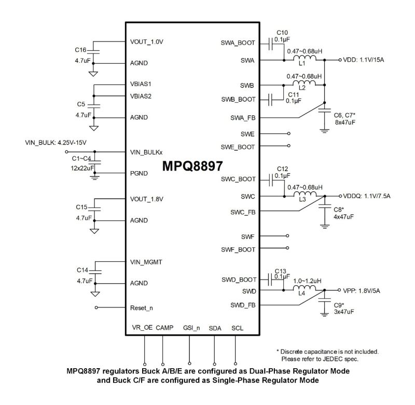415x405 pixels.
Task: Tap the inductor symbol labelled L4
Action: pyautogui.click(x=303, y=288)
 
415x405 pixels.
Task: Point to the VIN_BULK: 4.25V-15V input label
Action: pyautogui.click(x=56, y=142)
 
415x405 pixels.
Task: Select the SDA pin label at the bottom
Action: pyautogui.click(x=215, y=329)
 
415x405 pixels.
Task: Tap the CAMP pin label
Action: pyautogui.click(x=164, y=329)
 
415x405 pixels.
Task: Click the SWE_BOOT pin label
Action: pyautogui.click(x=239, y=147)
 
